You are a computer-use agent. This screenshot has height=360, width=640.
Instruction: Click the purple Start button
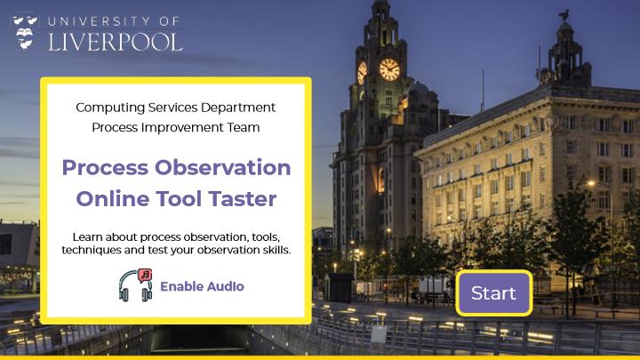(494, 293)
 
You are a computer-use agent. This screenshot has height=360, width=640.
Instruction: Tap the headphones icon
(135, 285)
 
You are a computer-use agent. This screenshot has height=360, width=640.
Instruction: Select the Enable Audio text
(202, 286)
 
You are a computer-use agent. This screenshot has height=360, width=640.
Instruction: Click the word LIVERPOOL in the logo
(116, 42)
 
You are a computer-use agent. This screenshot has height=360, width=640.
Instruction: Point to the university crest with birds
(25, 33)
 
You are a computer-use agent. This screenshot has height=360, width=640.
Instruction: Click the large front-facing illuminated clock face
(389, 69)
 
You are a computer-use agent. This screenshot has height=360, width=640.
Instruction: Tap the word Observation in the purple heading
(222, 167)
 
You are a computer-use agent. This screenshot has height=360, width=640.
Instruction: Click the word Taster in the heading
(243, 199)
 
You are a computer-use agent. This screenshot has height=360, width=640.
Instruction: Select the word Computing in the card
(110, 108)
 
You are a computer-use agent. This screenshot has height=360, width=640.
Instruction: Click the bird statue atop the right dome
(564, 16)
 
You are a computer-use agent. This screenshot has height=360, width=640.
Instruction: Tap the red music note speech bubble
(145, 275)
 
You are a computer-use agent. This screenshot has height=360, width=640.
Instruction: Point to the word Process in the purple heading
(105, 167)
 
